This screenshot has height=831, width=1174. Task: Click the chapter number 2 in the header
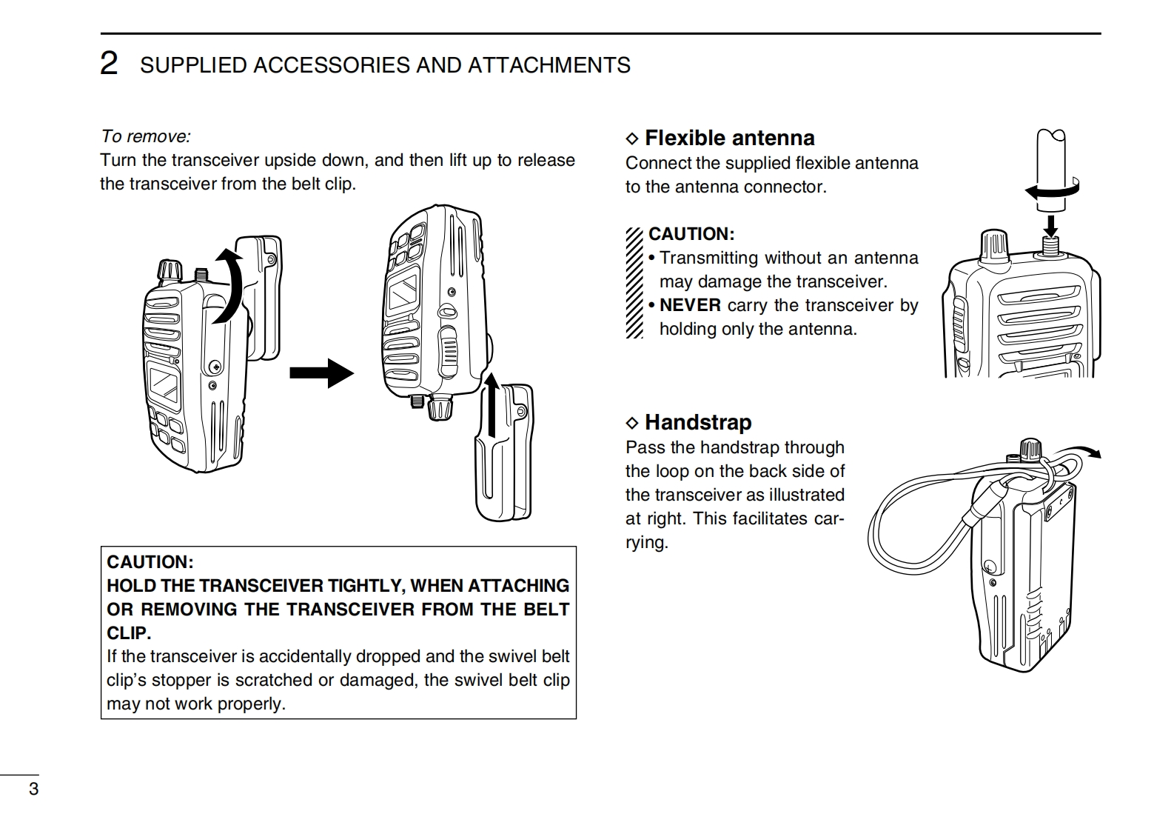pyautogui.click(x=108, y=64)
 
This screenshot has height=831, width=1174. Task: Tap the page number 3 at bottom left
pyautogui.click(x=33, y=789)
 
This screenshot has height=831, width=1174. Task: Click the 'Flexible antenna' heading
pyautogui.click(x=729, y=138)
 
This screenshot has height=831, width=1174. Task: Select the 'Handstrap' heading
pyautogui.click(x=698, y=422)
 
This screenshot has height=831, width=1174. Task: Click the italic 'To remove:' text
pyautogui.click(x=146, y=136)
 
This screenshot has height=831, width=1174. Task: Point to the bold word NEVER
pyautogui.click(x=690, y=305)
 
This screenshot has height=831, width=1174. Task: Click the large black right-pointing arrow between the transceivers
pyautogui.click(x=321, y=372)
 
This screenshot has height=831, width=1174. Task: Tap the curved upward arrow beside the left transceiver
pyautogui.click(x=229, y=286)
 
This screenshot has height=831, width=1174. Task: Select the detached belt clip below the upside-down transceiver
pyautogui.click(x=503, y=459)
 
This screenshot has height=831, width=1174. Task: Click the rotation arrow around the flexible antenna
pyautogui.click(x=1051, y=190)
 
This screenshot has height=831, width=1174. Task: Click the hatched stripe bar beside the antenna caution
pyautogui.click(x=634, y=282)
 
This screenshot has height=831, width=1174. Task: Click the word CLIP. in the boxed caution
pyautogui.click(x=129, y=633)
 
